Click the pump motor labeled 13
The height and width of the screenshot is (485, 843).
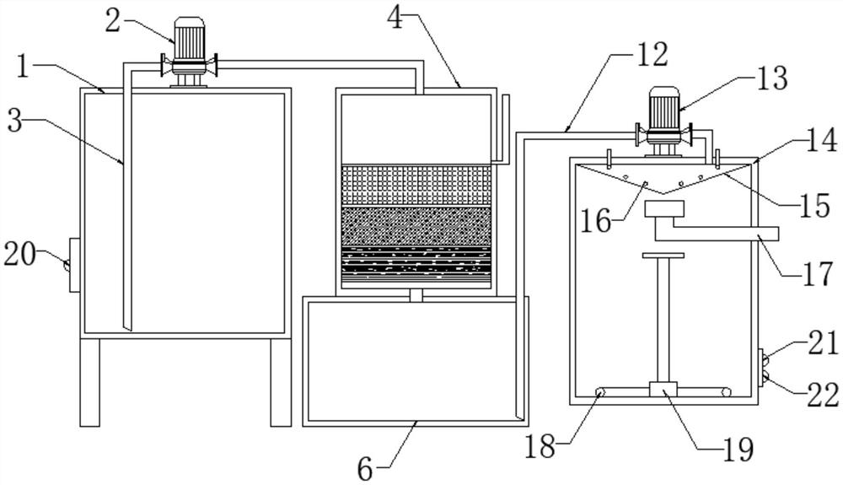pos(665,111)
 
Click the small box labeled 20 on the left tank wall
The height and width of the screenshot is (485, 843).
pos(73,265)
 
